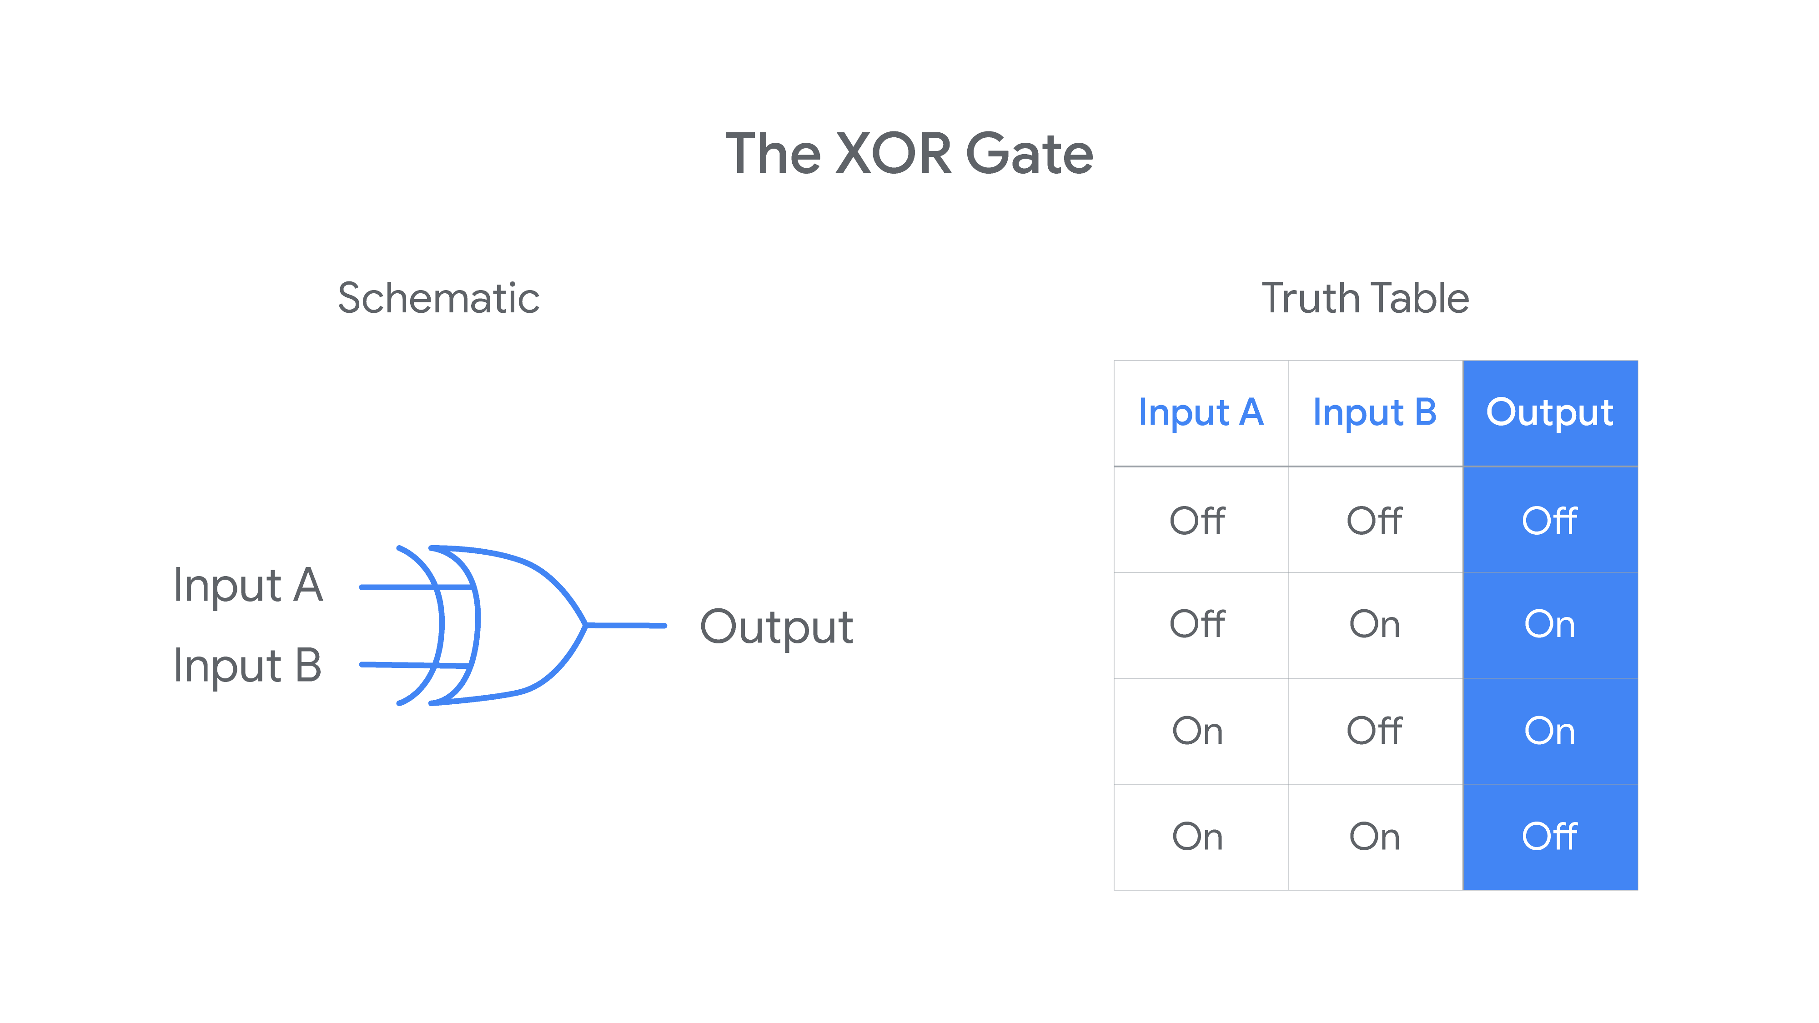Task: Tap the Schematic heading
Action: (x=438, y=298)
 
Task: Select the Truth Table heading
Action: (x=1365, y=298)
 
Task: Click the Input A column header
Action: (x=1201, y=413)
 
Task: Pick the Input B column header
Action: (x=1375, y=413)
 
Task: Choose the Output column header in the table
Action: (x=1549, y=413)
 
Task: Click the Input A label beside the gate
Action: (x=248, y=586)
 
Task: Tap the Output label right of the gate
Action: (x=776, y=627)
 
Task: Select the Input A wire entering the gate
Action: (x=417, y=587)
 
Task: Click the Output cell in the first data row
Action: (x=1549, y=520)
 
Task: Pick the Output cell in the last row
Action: (x=1549, y=837)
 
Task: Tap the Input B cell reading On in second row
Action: (x=1374, y=625)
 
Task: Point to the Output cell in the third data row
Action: (x=1549, y=731)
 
